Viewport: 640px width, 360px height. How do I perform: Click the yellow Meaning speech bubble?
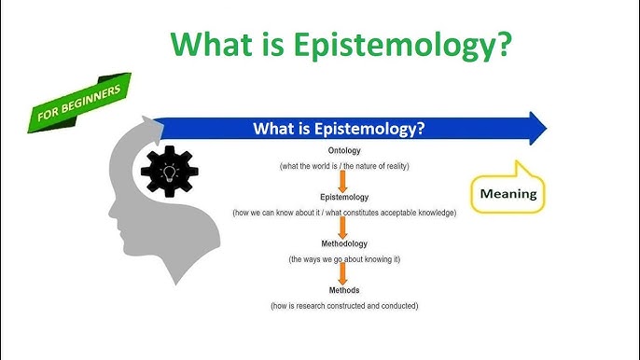point(508,194)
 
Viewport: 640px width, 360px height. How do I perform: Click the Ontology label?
point(344,150)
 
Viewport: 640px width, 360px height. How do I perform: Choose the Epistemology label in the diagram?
point(344,198)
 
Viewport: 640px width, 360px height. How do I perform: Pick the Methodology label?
point(344,243)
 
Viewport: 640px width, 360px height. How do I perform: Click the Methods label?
point(344,290)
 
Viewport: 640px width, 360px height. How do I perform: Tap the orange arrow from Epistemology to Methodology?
point(343,228)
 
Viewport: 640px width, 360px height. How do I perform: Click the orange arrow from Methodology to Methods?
point(343,273)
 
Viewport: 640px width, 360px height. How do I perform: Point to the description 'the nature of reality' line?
point(344,166)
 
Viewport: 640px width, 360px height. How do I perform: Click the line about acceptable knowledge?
point(344,213)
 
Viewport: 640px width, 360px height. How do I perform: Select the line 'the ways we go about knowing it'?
point(344,258)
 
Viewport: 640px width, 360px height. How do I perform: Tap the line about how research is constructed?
point(344,305)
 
